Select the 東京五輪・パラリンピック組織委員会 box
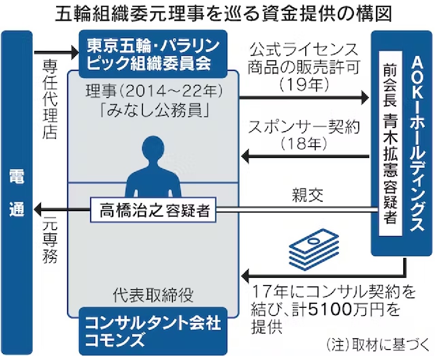coord(153,53)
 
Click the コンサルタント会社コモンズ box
coord(153,330)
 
